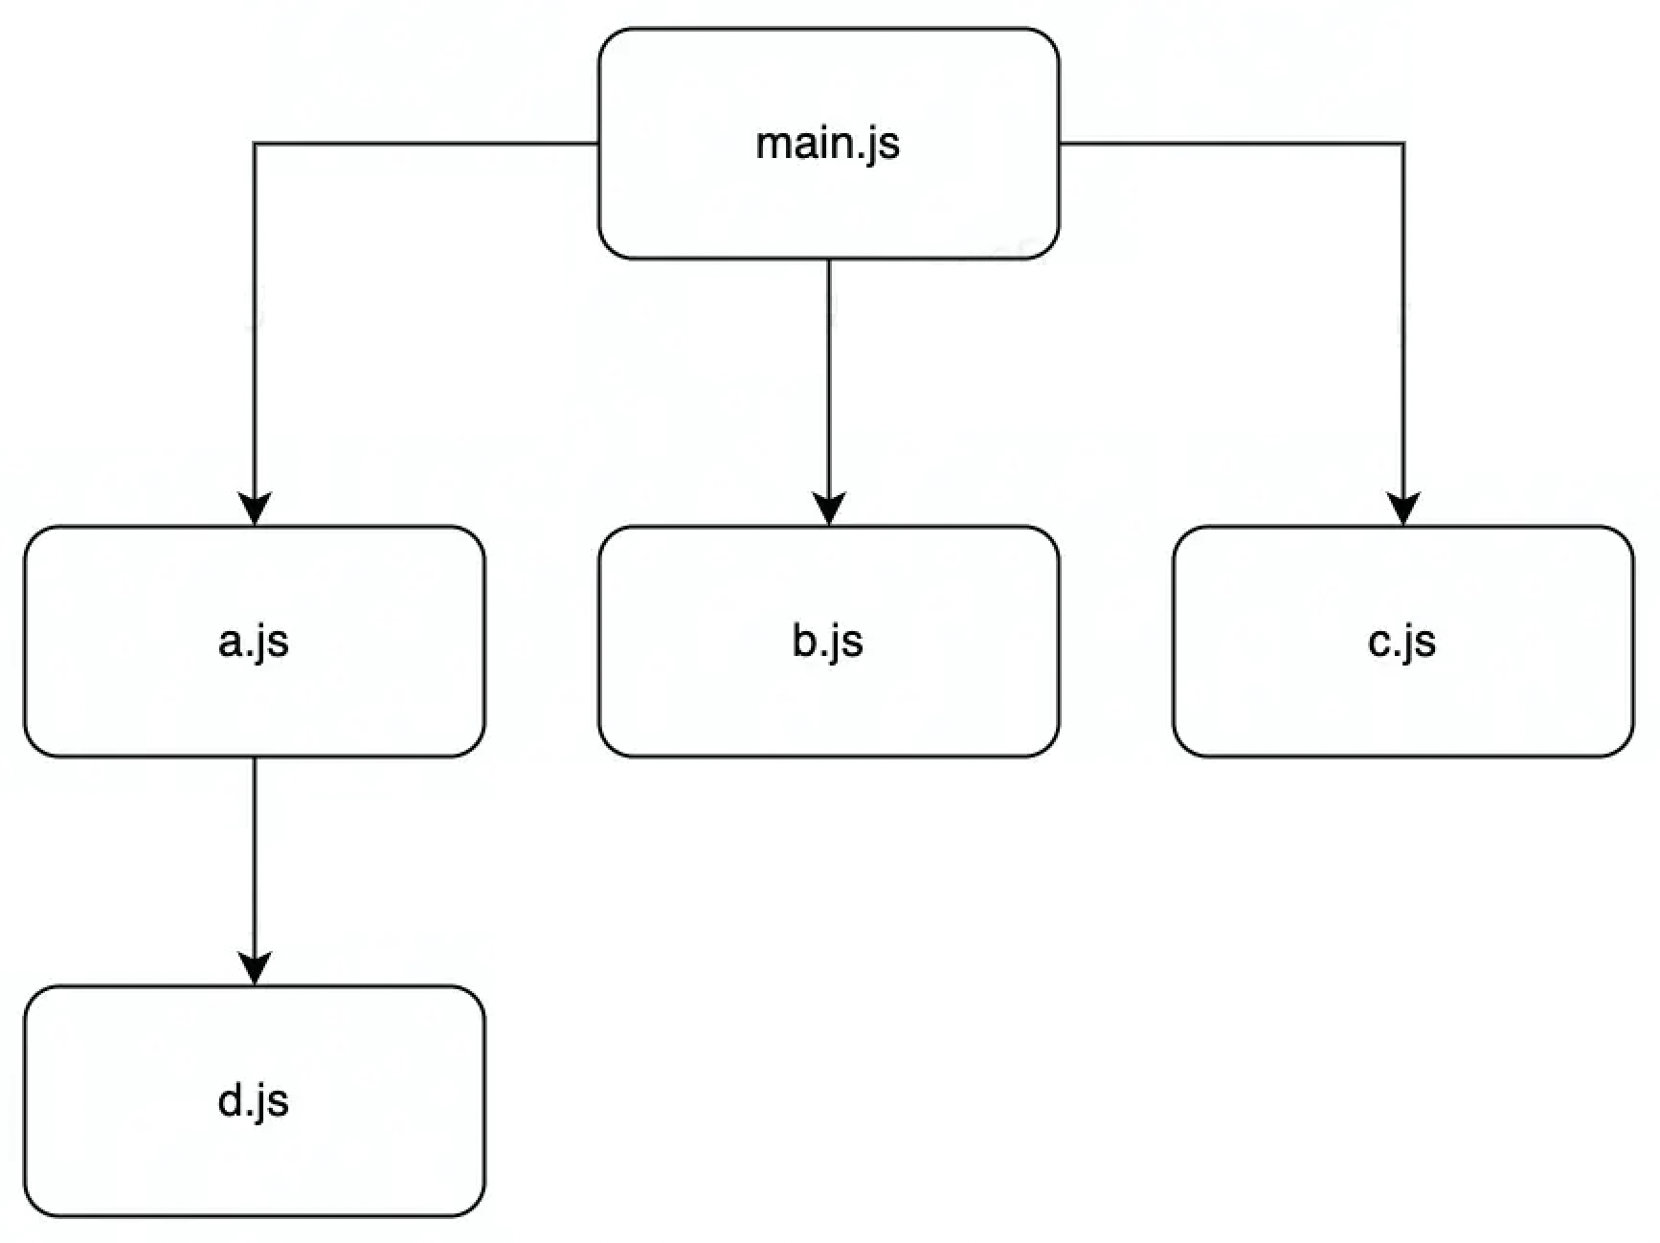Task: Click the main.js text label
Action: coord(828,145)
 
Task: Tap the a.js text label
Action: coord(254,642)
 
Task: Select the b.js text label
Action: coord(828,642)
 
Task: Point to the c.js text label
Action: coord(1402,642)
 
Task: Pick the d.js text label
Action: coord(254,1101)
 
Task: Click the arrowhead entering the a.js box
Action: coord(255,508)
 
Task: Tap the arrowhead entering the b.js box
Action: coord(829,508)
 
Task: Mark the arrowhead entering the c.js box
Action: coord(1403,508)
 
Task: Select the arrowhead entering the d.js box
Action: coord(255,968)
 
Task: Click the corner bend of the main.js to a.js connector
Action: coord(255,144)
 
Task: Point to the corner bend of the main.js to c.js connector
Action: coord(1403,144)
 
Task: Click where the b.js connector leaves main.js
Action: coord(829,260)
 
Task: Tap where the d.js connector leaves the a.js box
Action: coord(255,757)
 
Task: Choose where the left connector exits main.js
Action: coord(599,144)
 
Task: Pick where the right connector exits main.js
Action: coord(1059,144)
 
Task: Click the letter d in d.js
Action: coord(230,1100)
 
